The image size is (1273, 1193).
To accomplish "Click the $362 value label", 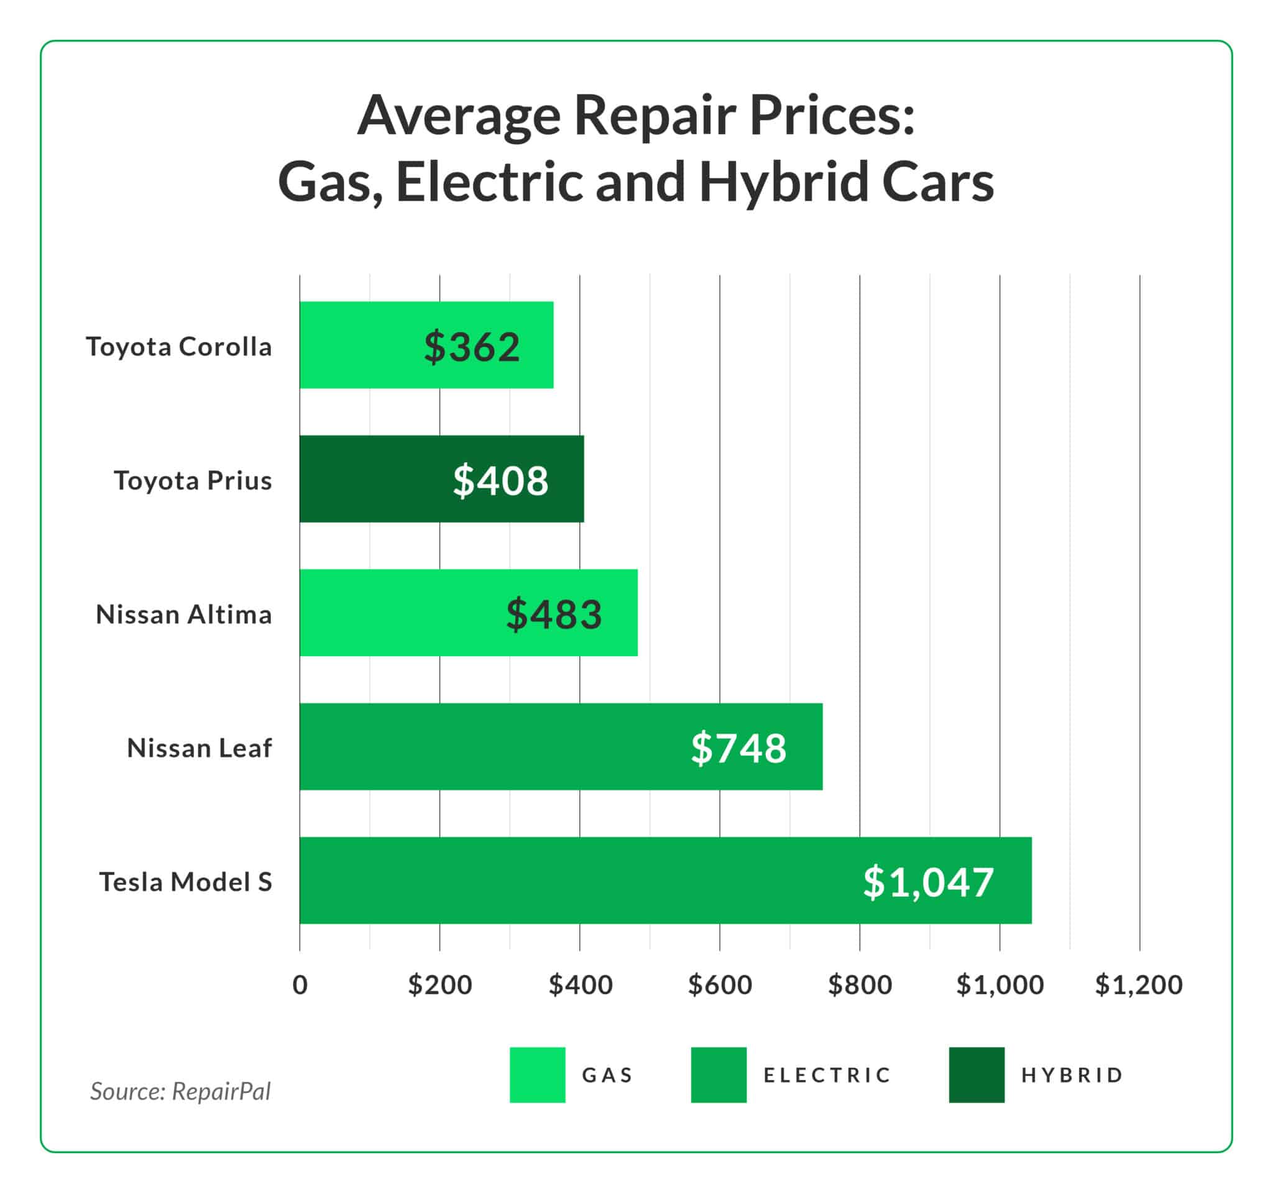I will point(472,347).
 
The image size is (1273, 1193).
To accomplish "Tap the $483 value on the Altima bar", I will point(554,614).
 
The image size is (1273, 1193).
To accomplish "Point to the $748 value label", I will point(738,747).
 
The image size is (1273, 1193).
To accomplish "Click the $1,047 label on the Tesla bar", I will point(928,882).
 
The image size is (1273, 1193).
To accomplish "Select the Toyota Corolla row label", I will point(178,347).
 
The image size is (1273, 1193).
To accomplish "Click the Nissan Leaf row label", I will point(199,747).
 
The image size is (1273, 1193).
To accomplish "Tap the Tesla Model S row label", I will point(185,882).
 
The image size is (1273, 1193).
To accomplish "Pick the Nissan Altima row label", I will point(184,615).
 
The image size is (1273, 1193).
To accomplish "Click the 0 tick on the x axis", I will point(300,985).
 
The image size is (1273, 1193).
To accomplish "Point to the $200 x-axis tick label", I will point(440,985).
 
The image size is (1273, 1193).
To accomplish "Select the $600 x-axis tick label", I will point(720,985).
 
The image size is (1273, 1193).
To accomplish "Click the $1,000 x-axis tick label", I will point(1000,985).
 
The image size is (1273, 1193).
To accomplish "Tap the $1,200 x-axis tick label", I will point(1139,985).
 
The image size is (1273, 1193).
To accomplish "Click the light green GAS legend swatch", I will point(537,1075).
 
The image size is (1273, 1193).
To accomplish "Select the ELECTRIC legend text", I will point(827,1075).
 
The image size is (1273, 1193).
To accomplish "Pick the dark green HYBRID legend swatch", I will point(977,1075).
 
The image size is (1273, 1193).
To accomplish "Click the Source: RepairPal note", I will point(181,1091).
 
